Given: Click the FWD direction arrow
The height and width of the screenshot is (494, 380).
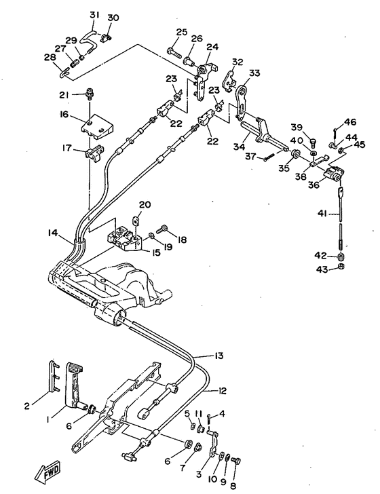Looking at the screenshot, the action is [x=47, y=472].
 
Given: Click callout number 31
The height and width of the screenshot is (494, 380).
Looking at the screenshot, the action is [x=94, y=15].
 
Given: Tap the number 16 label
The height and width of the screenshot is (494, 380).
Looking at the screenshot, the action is [x=64, y=114].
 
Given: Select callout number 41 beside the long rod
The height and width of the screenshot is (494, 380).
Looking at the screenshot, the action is [x=322, y=214].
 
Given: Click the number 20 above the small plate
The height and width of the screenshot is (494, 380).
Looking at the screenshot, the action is [x=145, y=205].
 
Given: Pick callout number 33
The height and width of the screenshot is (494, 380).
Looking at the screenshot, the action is [x=254, y=73].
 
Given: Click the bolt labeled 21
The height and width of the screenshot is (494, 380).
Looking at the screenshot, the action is [x=90, y=94].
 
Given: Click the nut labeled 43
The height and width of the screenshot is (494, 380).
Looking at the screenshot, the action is [x=341, y=267].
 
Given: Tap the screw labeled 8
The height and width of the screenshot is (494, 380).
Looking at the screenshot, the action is [x=236, y=461].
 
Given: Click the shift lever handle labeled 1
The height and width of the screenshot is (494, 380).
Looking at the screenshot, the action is [x=75, y=387].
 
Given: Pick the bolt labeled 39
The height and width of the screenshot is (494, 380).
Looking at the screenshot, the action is [x=313, y=142].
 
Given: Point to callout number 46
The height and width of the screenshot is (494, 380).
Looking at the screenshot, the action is [x=350, y=122].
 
